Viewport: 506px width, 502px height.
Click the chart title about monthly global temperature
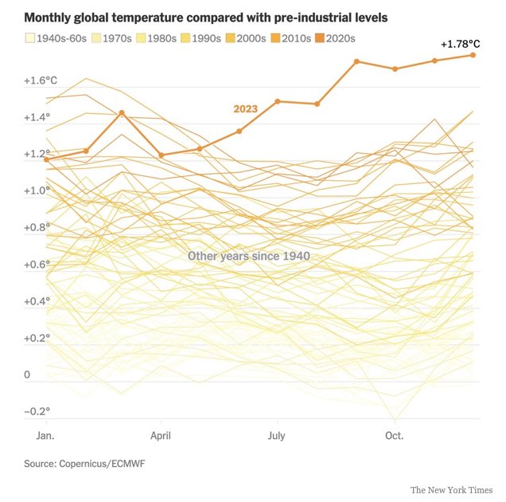coord(206,18)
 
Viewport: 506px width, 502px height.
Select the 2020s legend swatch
coord(320,38)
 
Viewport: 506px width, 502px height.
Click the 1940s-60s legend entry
coord(56,38)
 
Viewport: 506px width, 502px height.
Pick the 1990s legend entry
coord(201,38)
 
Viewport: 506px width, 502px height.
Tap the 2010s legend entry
coord(291,38)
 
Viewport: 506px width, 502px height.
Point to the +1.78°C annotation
coord(461,44)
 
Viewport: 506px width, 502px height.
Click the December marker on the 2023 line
coord(473,55)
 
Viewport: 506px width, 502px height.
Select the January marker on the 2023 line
coord(46,159)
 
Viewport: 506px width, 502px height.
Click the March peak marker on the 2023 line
coord(122,112)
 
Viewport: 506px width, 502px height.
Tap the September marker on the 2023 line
coord(356,61)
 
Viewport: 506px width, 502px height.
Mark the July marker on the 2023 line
coord(278,101)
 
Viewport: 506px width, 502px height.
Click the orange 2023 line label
coord(246,109)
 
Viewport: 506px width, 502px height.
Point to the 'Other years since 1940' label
coord(249,256)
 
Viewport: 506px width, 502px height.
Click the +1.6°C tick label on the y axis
coord(41,80)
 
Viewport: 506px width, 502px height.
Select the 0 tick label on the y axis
coord(27,375)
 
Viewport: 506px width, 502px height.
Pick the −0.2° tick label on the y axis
coord(37,411)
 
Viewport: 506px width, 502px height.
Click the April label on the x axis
coord(161,436)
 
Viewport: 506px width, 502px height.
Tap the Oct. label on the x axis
coord(395,436)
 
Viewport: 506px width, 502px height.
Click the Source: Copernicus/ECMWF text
coord(84,464)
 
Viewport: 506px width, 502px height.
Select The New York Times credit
coord(451,490)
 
